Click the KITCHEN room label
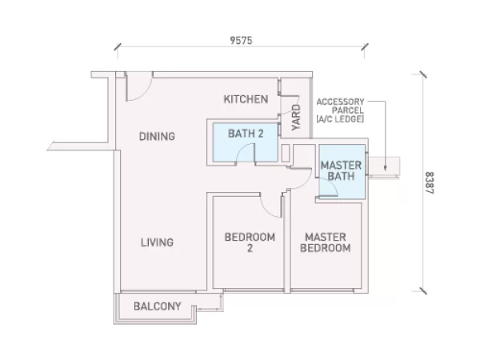point(246,99)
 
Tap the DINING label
point(157,136)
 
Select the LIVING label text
point(157,242)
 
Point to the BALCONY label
point(158,306)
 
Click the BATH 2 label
point(246,134)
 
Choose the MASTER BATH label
point(341,171)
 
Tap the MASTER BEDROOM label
point(326,242)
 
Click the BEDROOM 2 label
point(250,242)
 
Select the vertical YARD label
point(296,118)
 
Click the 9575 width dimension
point(242,41)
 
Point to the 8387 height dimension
point(430,182)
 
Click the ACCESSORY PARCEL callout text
point(340,110)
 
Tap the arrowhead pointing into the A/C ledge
point(385,168)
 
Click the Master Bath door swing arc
point(332,183)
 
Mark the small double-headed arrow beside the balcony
point(210,310)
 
